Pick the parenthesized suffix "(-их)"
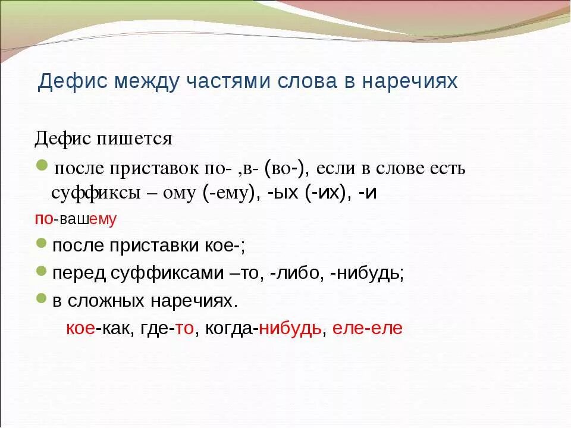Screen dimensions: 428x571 coord(325,194)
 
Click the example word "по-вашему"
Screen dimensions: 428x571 coord(76,219)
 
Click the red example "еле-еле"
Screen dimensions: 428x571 coord(367,329)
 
